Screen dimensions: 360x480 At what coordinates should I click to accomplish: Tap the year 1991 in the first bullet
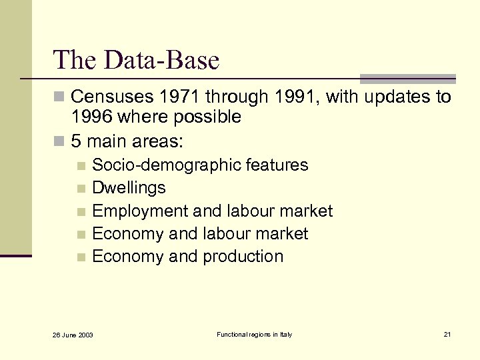pos(293,97)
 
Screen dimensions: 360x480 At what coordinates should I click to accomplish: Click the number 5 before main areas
pos(77,141)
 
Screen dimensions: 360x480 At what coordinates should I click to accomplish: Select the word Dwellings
pos(129,188)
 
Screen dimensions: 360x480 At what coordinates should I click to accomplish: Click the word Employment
pos(139,211)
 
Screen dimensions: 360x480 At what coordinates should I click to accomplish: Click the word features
pos(277,165)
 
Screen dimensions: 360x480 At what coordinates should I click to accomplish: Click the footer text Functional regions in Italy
pos(254,334)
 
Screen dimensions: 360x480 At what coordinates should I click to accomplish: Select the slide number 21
pos(447,334)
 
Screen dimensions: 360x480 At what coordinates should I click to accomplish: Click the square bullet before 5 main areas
pos(61,142)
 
